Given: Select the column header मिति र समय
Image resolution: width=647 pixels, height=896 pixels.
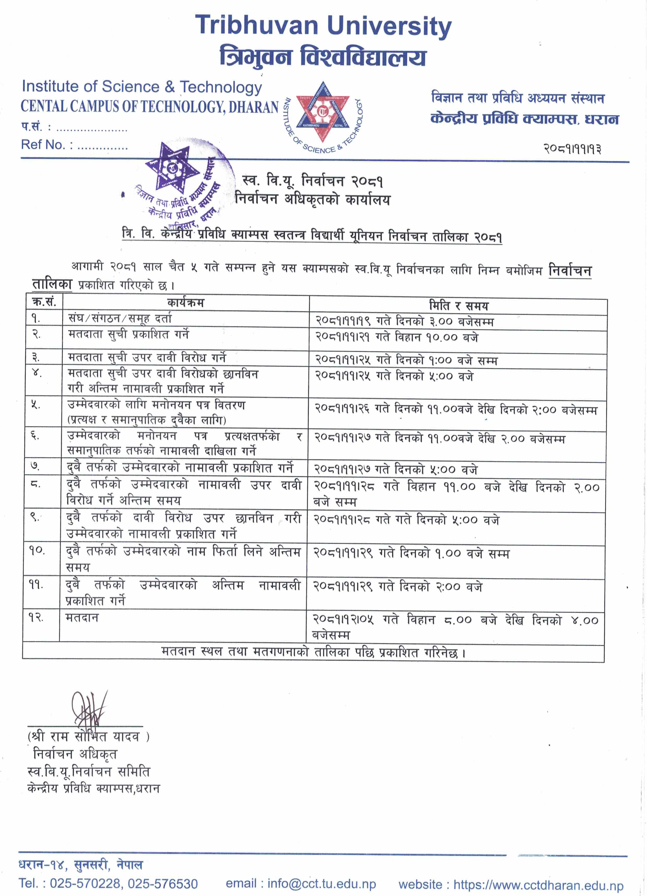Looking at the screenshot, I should click(x=458, y=305).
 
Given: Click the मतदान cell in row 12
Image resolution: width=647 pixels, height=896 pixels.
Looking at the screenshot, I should click(x=82, y=617).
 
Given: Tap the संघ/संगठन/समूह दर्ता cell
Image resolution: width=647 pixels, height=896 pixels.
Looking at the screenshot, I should click(x=120, y=318).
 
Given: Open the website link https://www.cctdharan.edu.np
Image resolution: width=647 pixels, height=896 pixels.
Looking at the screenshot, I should click(x=538, y=885).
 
